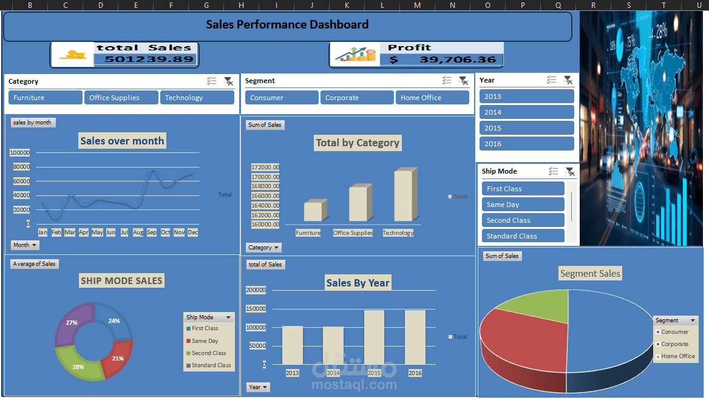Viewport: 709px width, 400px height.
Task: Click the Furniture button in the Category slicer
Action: [x=45, y=98]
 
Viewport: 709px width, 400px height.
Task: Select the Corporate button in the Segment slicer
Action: [x=357, y=98]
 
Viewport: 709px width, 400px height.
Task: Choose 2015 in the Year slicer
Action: [x=526, y=128]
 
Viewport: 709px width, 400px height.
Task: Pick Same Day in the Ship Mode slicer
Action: [x=523, y=205]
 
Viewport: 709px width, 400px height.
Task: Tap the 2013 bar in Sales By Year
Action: [x=293, y=345]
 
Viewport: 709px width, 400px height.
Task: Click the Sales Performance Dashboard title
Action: [x=287, y=25]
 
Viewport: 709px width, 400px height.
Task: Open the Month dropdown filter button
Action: [x=25, y=245]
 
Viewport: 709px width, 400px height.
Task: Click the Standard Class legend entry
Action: [x=211, y=365]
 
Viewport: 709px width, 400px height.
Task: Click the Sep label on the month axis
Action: [x=152, y=232]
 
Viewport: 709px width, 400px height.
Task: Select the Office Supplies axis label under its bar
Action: [x=353, y=233]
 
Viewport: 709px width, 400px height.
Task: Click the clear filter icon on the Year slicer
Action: [x=568, y=80]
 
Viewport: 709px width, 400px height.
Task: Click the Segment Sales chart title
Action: [x=590, y=274]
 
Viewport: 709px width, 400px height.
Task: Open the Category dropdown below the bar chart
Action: [x=264, y=248]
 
